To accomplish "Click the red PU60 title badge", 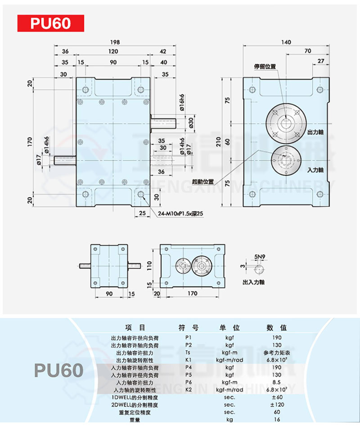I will tap(51, 23).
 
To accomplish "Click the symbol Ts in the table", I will tap(188, 352).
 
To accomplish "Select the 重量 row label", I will tap(135, 420).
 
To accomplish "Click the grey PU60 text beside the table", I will tap(59, 370).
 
